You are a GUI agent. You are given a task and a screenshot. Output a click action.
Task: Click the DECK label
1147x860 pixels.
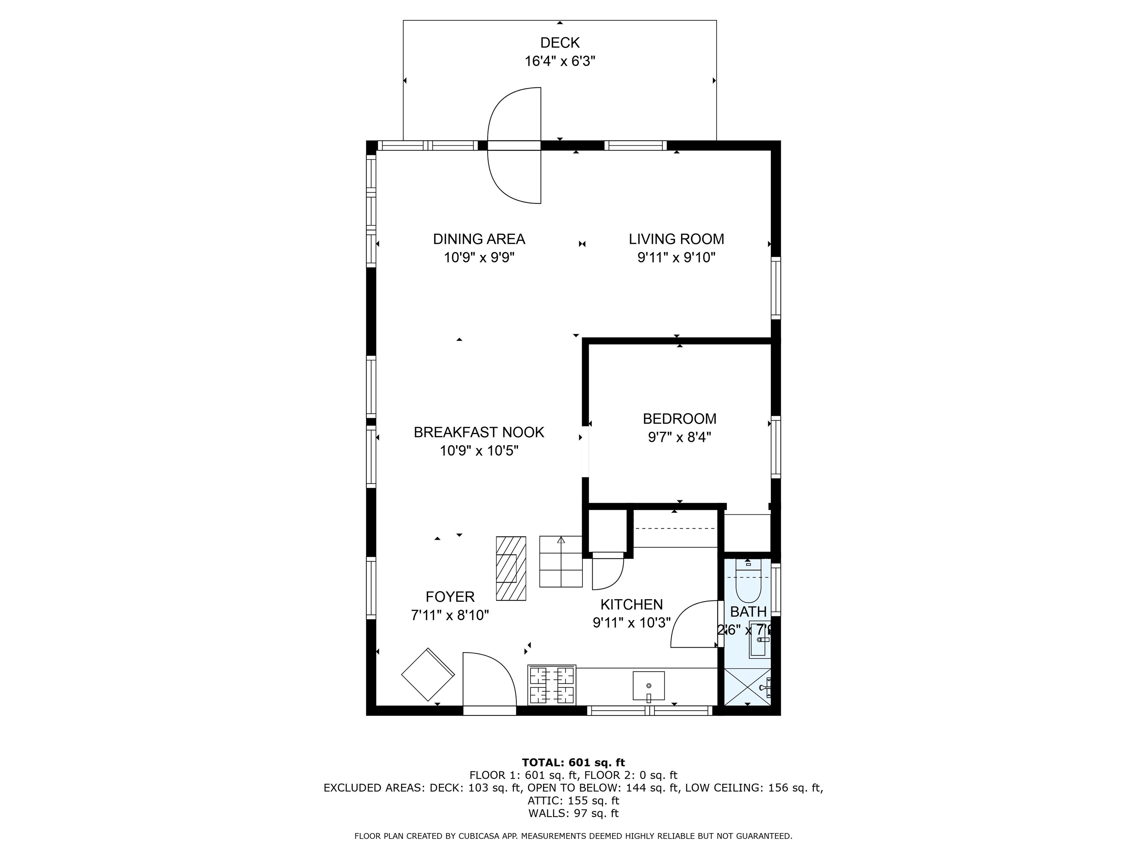click(x=560, y=43)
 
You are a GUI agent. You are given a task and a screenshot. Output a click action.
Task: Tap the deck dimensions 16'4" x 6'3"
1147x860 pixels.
click(x=560, y=61)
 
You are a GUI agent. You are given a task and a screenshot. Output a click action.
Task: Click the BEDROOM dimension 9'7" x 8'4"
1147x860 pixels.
click(x=679, y=437)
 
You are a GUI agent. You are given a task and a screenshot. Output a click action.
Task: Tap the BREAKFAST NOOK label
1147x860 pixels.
click(x=479, y=432)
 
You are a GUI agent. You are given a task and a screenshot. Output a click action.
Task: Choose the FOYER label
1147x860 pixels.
click(x=450, y=596)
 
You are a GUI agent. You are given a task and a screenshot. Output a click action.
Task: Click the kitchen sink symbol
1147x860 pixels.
click(x=648, y=686)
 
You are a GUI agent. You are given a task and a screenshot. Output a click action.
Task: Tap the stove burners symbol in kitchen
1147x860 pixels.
click(x=552, y=684)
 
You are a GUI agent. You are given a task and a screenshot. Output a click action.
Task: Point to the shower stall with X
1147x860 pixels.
click(x=747, y=686)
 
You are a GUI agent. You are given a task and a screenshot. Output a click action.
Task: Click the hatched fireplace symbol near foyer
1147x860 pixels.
click(x=511, y=568)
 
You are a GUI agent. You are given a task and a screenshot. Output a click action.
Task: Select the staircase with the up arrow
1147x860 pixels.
click(x=560, y=561)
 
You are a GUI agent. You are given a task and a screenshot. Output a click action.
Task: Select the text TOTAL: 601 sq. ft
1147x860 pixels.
click(x=573, y=763)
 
